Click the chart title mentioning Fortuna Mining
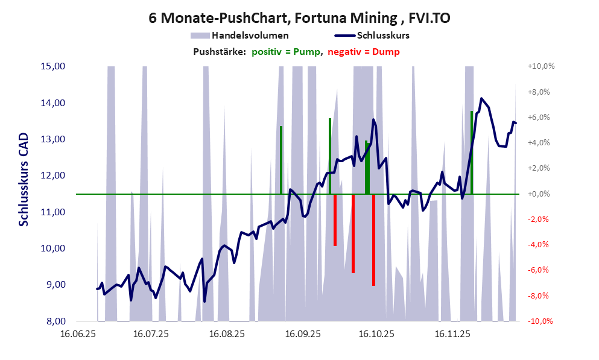point(299,18)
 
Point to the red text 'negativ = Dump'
point(364,52)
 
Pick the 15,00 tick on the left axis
point(52,66)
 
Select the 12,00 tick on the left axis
point(52,175)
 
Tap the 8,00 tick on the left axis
point(52,321)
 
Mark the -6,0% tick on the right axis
point(540,271)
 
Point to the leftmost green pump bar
point(281,160)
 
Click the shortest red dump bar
point(335,219)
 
